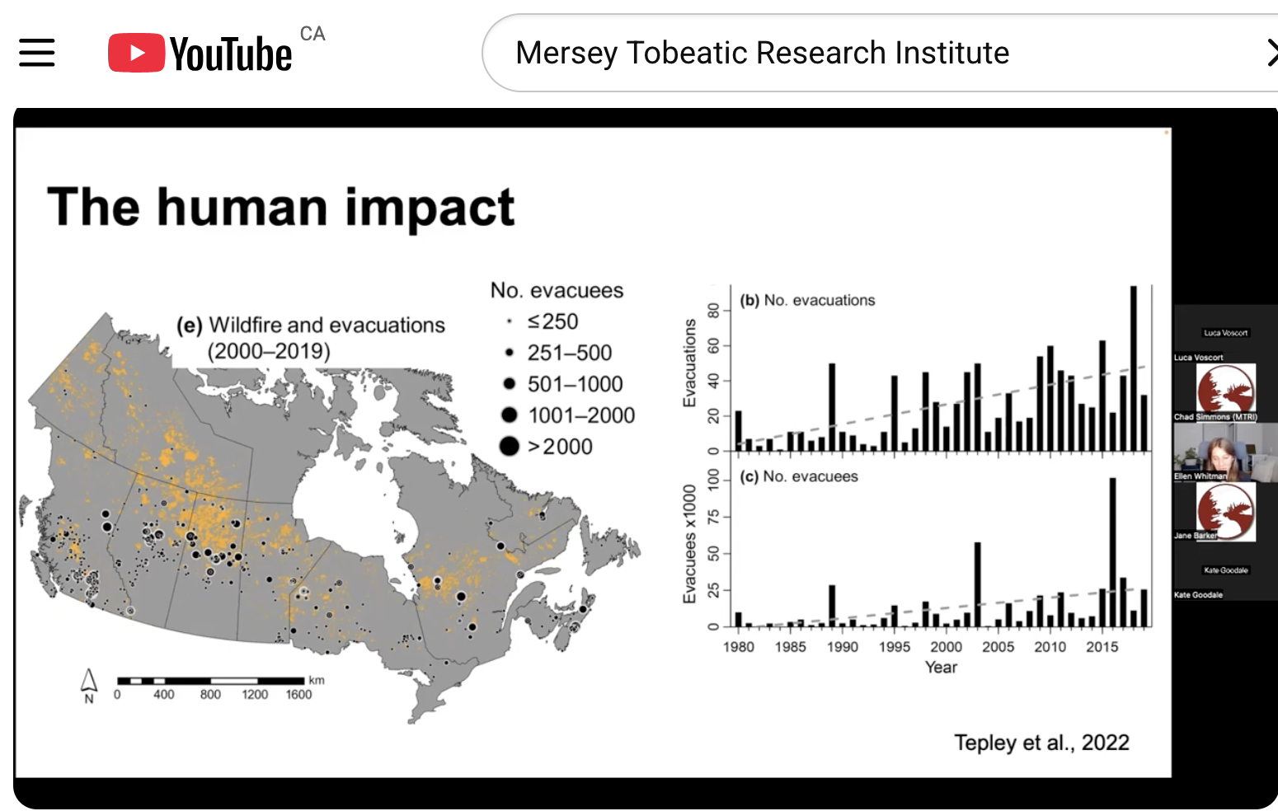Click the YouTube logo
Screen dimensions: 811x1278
click(x=200, y=54)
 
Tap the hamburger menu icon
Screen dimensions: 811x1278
click(x=37, y=53)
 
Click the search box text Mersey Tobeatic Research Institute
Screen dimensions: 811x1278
click(x=762, y=53)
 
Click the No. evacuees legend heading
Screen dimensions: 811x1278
click(x=557, y=290)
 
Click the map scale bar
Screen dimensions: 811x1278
click(x=210, y=681)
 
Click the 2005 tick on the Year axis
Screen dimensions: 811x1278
click(x=998, y=647)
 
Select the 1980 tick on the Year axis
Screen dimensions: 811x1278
click(x=738, y=647)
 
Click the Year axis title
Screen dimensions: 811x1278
click(x=941, y=668)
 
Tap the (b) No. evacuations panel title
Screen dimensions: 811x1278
click(x=807, y=300)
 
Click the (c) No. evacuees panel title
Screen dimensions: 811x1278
click(x=799, y=476)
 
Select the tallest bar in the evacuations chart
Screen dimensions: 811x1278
click(x=1134, y=368)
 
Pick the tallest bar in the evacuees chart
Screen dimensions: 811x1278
click(x=1112, y=552)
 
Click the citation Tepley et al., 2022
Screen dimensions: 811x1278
click(x=1041, y=743)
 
